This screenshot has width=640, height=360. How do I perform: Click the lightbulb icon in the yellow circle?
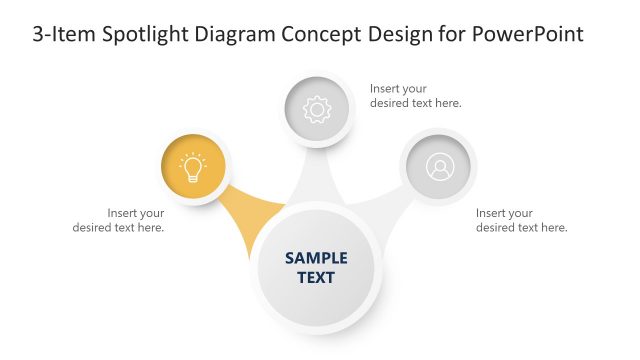point(192,168)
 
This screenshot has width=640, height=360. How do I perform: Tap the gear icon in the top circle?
point(317,108)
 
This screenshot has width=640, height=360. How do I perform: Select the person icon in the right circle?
point(439,167)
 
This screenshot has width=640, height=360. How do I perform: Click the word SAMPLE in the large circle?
point(316,258)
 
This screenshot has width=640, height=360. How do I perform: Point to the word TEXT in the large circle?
point(316,277)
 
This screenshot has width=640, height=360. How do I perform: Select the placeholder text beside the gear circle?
point(415,95)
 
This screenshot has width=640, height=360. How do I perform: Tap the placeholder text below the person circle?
point(521,220)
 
